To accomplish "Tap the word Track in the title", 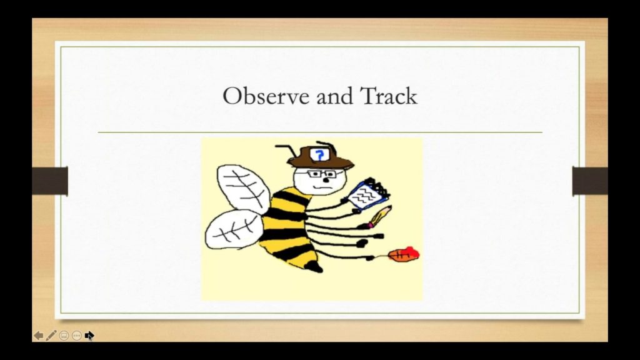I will point(388,96).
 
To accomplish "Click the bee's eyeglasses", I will point(321,174).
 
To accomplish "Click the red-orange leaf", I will point(404,254).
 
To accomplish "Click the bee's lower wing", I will point(232,230).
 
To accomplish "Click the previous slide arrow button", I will point(39,336).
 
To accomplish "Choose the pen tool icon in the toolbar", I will point(51,336).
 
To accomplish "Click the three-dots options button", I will point(77,336).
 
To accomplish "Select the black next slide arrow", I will point(89,336).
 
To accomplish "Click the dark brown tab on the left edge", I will point(50,181).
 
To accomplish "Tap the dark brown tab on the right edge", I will point(589,181).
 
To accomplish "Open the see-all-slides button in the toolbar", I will point(64,336).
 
